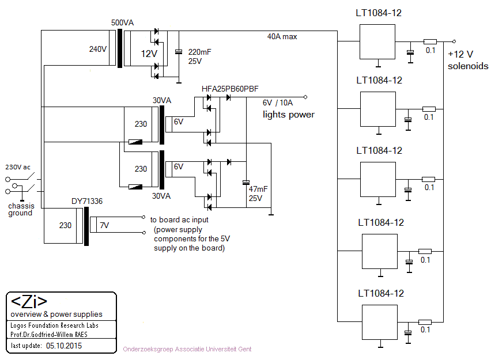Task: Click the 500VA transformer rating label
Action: [x=122, y=23]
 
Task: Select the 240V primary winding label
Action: [x=98, y=49]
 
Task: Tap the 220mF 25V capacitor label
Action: [x=200, y=56]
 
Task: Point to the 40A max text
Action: [x=282, y=36]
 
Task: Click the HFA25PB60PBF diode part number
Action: [x=230, y=89]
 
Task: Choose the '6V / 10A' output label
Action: [x=278, y=103]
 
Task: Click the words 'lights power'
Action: [x=288, y=115]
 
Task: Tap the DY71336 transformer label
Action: [x=88, y=201]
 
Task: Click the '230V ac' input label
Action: [x=17, y=167]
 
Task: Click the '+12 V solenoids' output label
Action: [x=467, y=60]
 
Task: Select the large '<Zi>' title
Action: [x=29, y=302]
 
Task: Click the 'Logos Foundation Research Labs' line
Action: [x=54, y=325]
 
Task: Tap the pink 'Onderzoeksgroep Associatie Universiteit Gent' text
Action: [x=187, y=349]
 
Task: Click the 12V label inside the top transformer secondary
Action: [x=149, y=54]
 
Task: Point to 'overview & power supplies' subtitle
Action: [x=56, y=314]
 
